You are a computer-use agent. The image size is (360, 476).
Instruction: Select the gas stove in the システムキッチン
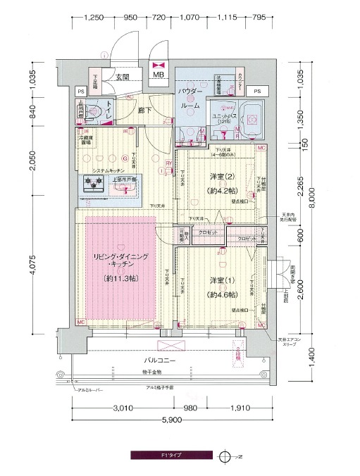(x=93, y=184)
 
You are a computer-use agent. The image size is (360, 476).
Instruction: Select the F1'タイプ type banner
(x=168, y=456)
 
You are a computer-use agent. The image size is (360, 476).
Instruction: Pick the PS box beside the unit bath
(x=257, y=91)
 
